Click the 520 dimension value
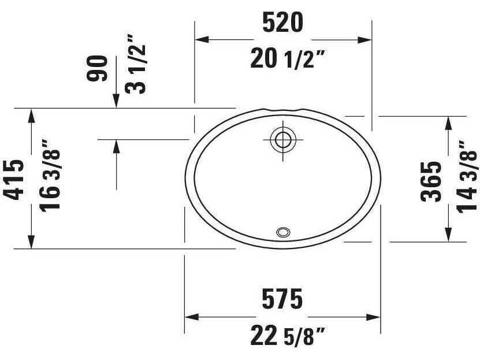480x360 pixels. pos(282,23)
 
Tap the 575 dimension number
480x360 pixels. pos(282,299)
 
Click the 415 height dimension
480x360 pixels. pos(14,179)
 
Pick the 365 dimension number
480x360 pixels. pos(431,181)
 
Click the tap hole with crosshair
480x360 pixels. pos(283,139)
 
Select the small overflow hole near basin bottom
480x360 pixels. pos(283,232)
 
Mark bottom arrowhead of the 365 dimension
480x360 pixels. pos(448,234)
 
